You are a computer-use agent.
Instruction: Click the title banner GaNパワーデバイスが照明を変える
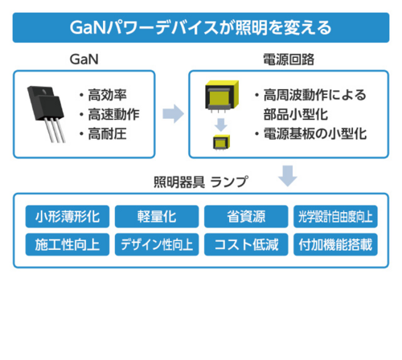[201, 27]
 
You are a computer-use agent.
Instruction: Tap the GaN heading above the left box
[84, 59]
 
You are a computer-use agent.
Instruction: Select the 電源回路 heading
[289, 59]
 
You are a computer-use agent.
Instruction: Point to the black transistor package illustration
[46, 113]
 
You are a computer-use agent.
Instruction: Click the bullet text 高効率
[108, 95]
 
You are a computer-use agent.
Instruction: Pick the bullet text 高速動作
[114, 114]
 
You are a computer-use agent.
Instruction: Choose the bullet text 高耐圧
[108, 133]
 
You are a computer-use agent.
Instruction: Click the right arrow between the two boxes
[173, 113]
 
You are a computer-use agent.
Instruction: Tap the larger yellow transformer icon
[222, 96]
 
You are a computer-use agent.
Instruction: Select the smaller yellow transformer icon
[222, 142]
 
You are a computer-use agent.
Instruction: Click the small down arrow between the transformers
[221, 125]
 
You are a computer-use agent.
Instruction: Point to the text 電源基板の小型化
[315, 133]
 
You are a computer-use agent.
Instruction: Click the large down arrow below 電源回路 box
[288, 176]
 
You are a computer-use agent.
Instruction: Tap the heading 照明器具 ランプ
[201, 182]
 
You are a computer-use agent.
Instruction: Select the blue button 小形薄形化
[68, 216]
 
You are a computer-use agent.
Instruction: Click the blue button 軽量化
[157, 216]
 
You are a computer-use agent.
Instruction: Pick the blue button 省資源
[246, 216]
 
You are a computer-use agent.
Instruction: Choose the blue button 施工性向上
[68, 244]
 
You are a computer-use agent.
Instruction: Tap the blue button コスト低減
[246, 244]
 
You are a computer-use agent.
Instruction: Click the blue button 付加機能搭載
[335, 244]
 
